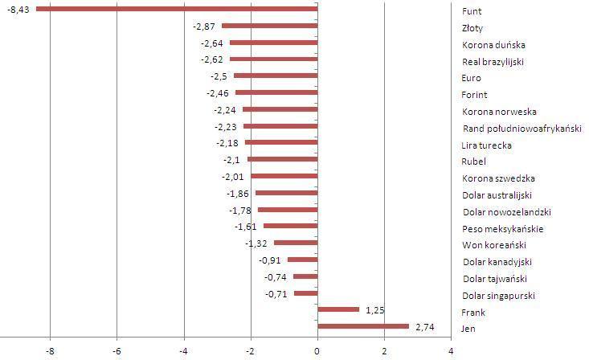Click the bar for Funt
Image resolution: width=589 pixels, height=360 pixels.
coord(177,9)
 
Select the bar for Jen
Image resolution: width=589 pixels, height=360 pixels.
coord(363,326)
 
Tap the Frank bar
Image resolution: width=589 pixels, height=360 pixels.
coord(338,309)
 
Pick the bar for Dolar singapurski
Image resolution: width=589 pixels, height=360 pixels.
coord(305,293)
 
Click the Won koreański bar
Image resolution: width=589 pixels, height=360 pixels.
coord(296,243)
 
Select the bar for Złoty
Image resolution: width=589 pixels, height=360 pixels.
coord(269,26)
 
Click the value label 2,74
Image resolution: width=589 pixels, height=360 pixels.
coord(424,327)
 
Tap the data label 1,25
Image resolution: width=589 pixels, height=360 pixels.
coord(374,310)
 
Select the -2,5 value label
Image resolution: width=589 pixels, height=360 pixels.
coord(220,76)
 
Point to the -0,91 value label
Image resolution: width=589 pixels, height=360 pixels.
coord(270,260)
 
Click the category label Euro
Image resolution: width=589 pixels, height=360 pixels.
coord(472,78)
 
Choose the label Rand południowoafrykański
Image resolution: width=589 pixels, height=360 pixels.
coord(522,129)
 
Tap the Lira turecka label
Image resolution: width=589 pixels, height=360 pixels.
coord(487,145)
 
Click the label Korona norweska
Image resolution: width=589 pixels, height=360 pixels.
coord(499,112)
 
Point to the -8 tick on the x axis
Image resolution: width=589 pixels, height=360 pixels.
coord(50,351)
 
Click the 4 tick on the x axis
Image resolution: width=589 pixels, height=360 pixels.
coord(451,351)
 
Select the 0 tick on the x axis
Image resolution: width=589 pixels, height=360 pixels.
coord(317,351)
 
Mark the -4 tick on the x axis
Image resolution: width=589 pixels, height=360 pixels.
coord(183,351)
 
